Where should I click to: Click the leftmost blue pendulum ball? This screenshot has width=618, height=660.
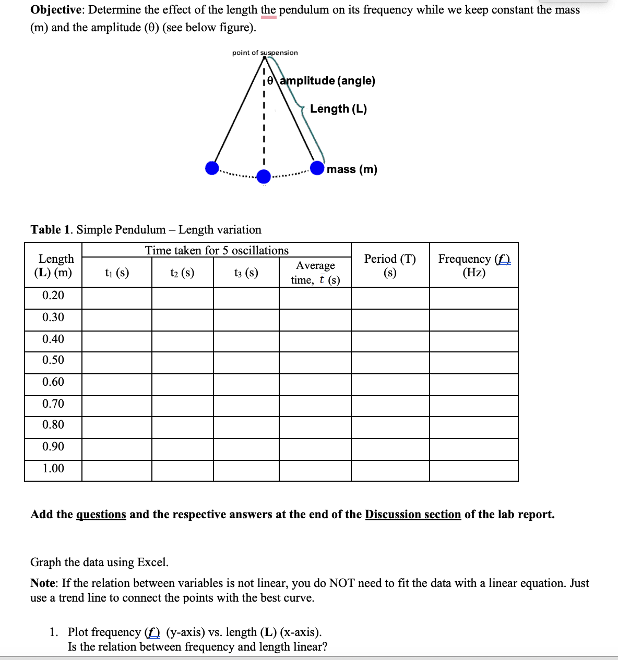pos(212,168)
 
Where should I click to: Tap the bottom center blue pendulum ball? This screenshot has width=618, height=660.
pos(264,177)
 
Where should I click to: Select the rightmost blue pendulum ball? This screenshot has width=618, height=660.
pos(317,168)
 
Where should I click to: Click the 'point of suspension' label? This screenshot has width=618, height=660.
pos(265,53)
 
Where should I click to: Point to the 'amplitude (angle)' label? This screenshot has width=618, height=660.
pos(328,81)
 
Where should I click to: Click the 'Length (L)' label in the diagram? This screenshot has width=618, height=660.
pos(338,109)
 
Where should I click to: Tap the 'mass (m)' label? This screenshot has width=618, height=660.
pos(352,169)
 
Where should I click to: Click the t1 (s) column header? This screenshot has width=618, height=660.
pos(117,273)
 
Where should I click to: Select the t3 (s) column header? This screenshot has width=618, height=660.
pos(246,273)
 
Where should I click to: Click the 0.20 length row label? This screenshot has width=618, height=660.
pos(53,296)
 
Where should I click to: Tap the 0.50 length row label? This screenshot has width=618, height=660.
pos(53,360)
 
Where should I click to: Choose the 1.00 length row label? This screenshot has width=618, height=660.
pos(53,469)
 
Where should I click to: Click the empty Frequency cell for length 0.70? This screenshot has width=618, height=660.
pos(474,406)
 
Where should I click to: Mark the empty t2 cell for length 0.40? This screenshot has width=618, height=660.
pos(183,341)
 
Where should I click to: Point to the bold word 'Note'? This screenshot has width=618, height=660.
pos(44,583)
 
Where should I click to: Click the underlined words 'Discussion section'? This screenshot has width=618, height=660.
pos(413,515)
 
